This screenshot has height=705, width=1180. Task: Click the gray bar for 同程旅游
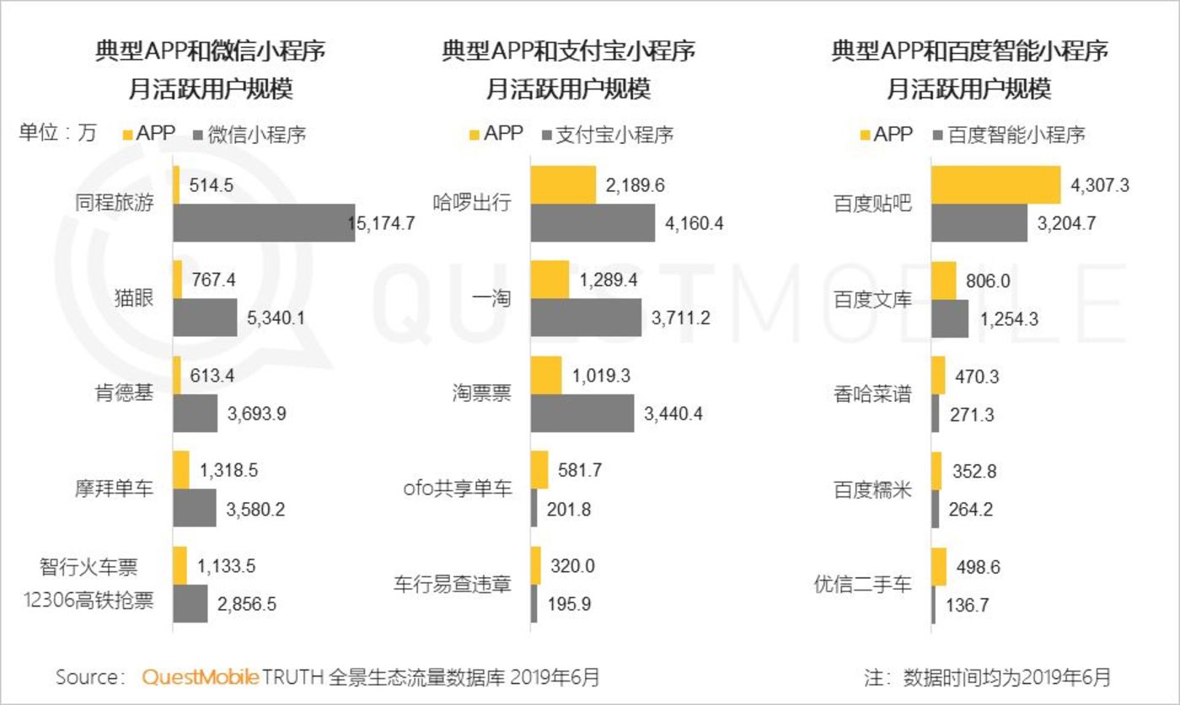(264, 222)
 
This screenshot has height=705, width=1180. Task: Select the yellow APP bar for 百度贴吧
(995, 184)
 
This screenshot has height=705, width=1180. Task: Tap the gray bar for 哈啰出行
(593, 223)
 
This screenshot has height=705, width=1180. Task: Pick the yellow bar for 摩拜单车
(181, 469)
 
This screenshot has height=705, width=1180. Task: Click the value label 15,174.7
(382, 223)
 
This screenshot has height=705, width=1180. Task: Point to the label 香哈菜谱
(872, 393)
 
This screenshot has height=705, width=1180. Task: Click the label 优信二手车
(863, 584)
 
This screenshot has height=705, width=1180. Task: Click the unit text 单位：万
(57, 133)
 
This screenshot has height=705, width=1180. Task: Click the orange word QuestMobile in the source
(200, 676)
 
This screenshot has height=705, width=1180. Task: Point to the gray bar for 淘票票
(582, 413)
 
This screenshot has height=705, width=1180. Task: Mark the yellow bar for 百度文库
(943, 280)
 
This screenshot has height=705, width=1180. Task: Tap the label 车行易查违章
(453, 584)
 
